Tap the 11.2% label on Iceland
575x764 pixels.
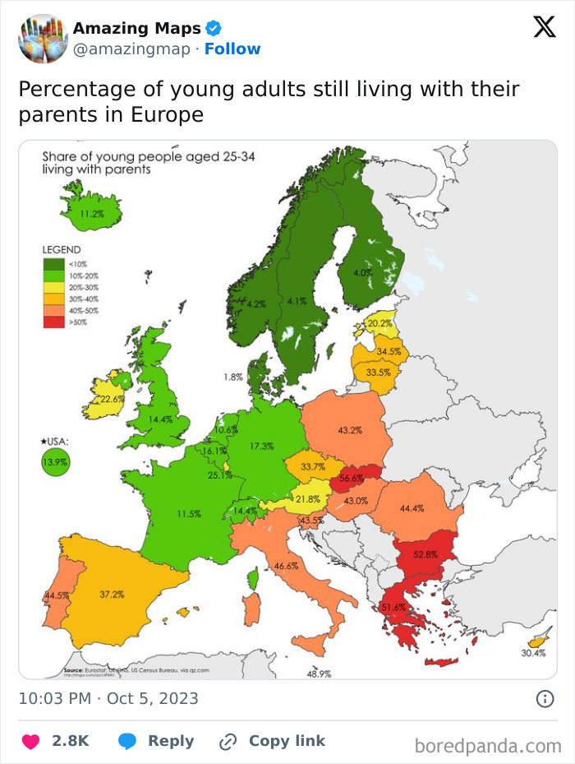tap(93, 214)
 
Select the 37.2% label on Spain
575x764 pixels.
tap(112, 594)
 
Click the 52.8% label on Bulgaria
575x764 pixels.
tap(425, 554)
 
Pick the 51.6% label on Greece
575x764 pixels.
tap(394, 607)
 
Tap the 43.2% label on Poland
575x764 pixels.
tap(350, 429)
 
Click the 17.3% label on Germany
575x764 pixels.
tap(261, 446)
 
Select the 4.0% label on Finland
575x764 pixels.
tap(362, 272)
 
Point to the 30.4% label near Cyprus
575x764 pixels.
tap(532, 653)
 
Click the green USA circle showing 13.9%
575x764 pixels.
tap(56, 461)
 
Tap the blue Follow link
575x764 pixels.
tap(232, 49)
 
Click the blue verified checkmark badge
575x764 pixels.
tap(213, 29)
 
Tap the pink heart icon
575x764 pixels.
tap(31, 741)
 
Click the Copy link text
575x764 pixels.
tap(287, 741)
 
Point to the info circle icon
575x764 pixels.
tap(544, 699)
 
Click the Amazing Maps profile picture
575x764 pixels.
tap(43, 38)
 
